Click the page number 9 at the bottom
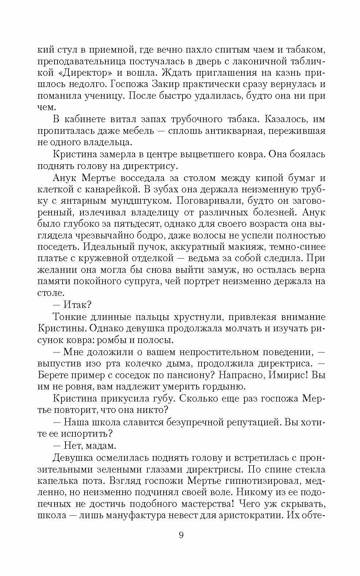pyautogui.click(x=181, y=536)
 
